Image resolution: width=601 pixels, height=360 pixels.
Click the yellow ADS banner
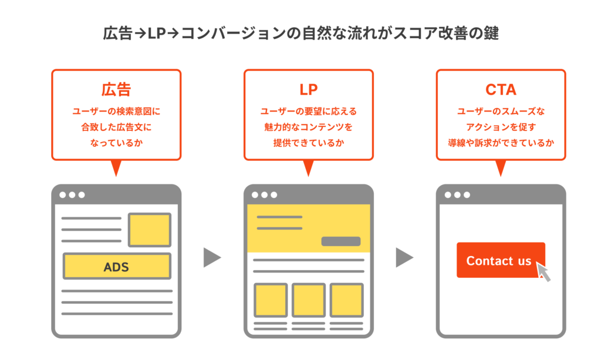[x=116, y=266]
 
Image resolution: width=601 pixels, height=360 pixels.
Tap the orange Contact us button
[x=500, y=260]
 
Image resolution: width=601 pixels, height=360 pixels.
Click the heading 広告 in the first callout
[x=116, y=90]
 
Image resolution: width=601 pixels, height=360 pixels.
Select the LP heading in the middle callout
[x=308, y=90]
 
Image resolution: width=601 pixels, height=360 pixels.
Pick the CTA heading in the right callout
[x=501, y=90]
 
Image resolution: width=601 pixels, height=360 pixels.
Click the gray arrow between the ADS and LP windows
[x=211, y=257]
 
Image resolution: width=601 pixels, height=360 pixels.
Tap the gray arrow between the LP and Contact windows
[x=404, y=257]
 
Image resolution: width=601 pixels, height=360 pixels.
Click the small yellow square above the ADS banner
[x=150, y=230]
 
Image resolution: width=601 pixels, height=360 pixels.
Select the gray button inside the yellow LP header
[x=340, y=241]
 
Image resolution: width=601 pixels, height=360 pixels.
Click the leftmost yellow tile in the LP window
[x=271, y=300]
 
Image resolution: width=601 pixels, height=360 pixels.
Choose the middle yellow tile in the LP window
[x=309, y=300]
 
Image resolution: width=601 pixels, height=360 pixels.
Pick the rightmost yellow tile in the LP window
[x=346, y=300]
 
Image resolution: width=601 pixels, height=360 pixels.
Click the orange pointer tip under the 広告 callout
[x=116, y=171]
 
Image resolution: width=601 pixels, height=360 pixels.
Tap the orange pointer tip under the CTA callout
[x=501, y=171]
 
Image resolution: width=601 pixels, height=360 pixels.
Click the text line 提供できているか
[x=308, y=142]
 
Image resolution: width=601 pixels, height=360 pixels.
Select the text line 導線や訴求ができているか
[x=501, y=142]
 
